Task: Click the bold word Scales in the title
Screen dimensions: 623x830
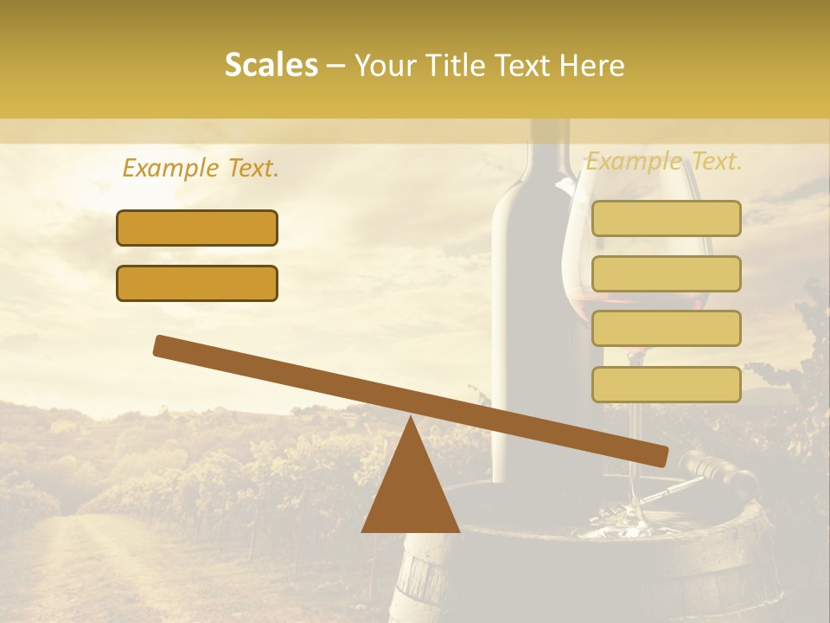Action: click(x=271, y=65)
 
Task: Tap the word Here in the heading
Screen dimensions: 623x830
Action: click(x=592, y=65)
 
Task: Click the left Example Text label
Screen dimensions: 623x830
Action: click(x=201, y=169)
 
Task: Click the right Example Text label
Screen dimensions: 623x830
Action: click(x=664, y=161)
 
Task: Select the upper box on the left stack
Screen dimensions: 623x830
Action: click(x=197, y=228)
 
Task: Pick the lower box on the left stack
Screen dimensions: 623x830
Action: click(x=197, y=283)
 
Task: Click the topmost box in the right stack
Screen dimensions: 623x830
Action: click(x=666, y=218)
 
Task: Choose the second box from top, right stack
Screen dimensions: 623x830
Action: click(x=666, y=273)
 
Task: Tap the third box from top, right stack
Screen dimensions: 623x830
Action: click(x=666, y=329)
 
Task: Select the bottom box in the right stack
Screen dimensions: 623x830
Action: click(x=666, y=384)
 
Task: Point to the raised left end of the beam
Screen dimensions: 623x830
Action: click(x=164, y=345)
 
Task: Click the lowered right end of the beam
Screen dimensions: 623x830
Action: click(x=657, y=456)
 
